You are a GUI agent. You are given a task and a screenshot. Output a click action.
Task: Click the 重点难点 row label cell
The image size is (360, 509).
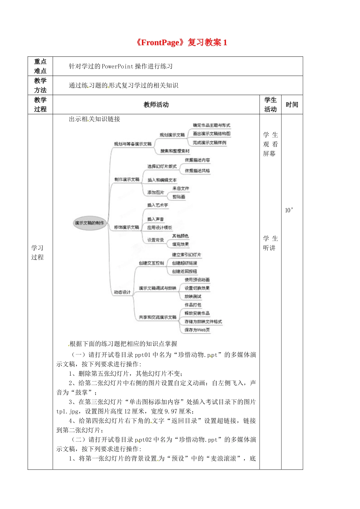(x=40, y=66)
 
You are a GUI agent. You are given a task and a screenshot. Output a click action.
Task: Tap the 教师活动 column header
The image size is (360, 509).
(x=156, y=105)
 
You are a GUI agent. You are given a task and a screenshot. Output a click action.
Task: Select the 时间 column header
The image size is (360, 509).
(x=292, y=105)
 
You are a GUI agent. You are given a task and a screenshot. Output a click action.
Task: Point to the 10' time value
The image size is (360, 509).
(x=289, y=210)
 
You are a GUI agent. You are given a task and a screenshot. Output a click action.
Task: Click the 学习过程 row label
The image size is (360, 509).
(x=38, y=253)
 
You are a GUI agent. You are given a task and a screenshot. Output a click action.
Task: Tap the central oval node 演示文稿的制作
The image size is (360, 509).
(x=89, y=223)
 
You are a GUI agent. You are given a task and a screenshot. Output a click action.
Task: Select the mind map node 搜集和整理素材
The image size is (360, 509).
(x=175, y=151)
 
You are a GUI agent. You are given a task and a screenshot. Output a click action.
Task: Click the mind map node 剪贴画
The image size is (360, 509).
(x=179, y=197)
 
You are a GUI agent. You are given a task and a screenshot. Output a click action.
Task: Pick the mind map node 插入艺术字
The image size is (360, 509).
(x=158, y=205)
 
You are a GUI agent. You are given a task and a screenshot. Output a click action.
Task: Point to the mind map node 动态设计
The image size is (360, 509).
(x=122, y=292)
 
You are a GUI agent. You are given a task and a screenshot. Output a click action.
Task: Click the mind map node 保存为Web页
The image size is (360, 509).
(x=197, y=330)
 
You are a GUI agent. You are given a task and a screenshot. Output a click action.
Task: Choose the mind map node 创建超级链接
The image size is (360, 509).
(x=185, y=263)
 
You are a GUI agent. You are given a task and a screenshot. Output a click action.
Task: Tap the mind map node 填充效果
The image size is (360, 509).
(x=180, y=245)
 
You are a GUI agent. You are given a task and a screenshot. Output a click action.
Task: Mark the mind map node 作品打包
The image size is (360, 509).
(x=193, y=305)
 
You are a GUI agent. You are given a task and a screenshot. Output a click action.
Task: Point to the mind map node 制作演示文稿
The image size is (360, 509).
(x=127, y=180)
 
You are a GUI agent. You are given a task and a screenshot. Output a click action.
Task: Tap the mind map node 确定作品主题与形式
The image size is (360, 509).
(x=211, y=125)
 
